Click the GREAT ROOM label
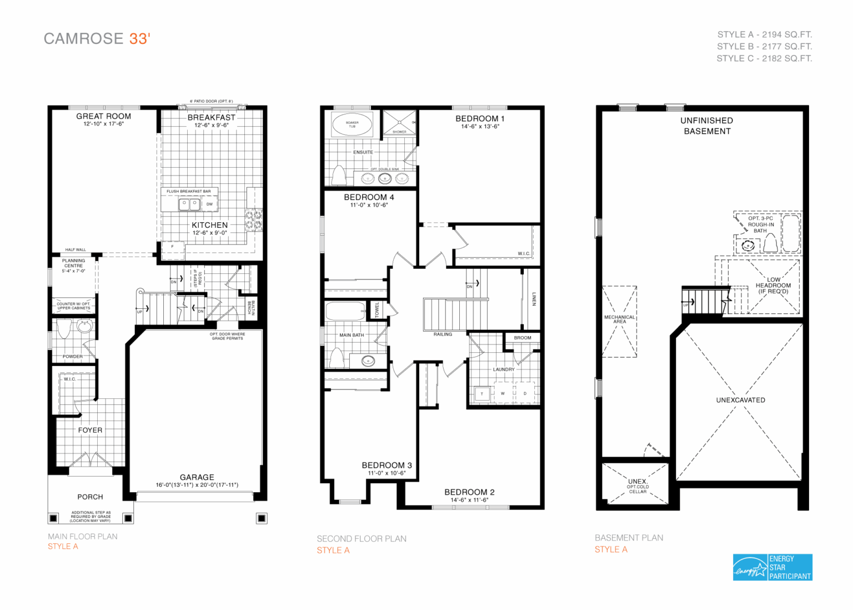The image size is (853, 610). point(104,116)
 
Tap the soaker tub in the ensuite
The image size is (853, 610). point(352,124)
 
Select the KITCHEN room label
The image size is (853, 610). point(209,225)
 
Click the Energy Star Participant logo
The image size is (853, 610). point(772,567)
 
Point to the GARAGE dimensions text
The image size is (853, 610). point(197,485)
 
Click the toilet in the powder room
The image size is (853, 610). point(64,329)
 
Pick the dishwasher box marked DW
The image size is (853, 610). point(209,204)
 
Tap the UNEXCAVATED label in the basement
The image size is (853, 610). point(740,400)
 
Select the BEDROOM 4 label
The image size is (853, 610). point(369,197)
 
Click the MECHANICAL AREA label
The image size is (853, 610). point(619,319)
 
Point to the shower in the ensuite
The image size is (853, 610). point(399,123)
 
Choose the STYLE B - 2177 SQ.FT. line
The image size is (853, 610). point(764,47)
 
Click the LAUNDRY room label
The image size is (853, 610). point(504,369)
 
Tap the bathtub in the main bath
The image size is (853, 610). point(345,311)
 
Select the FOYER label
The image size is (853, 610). point(90,430)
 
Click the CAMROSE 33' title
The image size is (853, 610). point(97,38)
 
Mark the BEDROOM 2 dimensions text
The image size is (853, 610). point(469,500)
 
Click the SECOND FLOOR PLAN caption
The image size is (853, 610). point(362,538)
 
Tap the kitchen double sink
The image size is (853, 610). point(189,204)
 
